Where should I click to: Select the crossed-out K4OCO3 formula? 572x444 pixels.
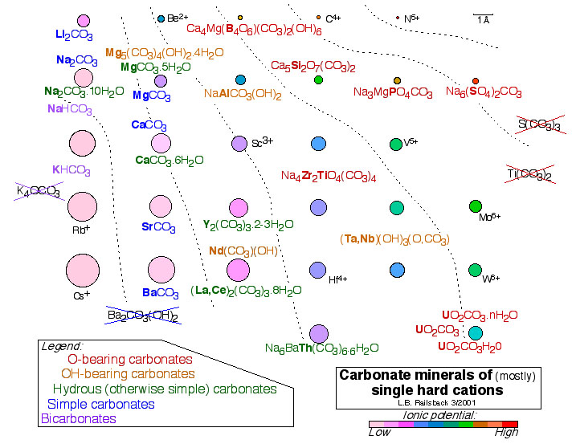click(38, 191)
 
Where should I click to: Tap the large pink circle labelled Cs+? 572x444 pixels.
click(83, 270)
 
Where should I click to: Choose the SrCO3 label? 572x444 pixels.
click(158, 227)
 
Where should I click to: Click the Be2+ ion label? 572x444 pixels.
click(178, 18)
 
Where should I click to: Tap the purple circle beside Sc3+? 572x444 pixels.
click(239, 144)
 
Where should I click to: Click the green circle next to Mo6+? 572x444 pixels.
click(475, 206)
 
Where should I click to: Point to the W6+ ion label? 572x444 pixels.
click(490, 279)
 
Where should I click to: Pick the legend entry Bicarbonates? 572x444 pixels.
click(78, 418)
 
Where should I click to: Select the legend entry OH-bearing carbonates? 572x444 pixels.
click(128, 374)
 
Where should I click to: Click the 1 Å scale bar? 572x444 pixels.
click(483, 17)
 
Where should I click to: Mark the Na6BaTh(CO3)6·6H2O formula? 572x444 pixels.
click(321, 348)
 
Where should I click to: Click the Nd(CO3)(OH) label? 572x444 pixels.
click(243, 251)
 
